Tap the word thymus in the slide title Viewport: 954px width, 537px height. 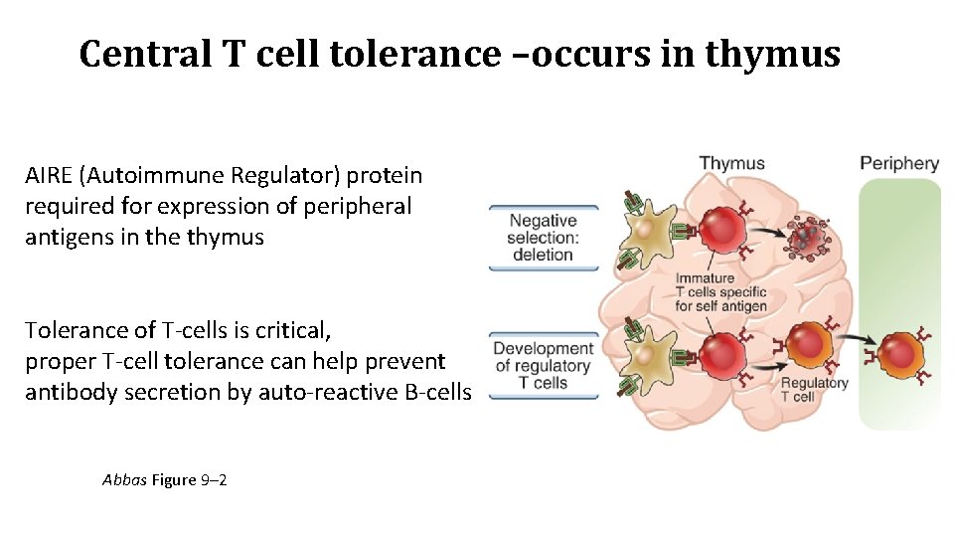pos(772,54)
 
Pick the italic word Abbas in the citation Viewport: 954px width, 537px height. pos(124,480)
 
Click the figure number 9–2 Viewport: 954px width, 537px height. pos(215,480)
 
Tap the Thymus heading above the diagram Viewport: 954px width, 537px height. pos(731,164)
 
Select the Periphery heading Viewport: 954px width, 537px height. pos(898,164)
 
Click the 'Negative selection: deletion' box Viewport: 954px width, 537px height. pos(543,238)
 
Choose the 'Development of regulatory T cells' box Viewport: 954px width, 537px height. pos(543,365)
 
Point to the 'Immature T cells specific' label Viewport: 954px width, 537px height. pos(720,292)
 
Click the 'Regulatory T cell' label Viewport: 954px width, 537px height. pos(813,390)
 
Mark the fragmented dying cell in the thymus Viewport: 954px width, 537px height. pos(806,238)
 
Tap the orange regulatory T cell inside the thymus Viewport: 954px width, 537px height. pos(809,350)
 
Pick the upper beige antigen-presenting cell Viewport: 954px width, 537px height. pos(647,231)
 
